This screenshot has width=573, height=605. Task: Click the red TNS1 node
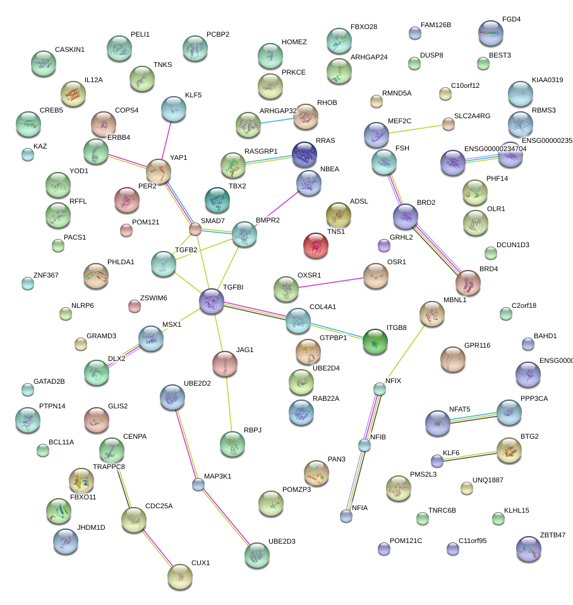coord(316,246)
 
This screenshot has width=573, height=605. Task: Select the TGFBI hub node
coord(211,302)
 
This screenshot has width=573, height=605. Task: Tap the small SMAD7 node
coord(196,229)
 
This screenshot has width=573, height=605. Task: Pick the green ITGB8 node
coord(375,341)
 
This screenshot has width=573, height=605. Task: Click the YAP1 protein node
coord(159,171)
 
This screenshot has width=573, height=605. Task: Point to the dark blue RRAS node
coord(305,154)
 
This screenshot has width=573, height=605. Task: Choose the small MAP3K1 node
coord(198,485)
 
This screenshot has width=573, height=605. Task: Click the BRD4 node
coord(468,282)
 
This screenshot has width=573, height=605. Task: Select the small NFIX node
coord(379,389)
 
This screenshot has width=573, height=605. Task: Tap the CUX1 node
coord(180,576)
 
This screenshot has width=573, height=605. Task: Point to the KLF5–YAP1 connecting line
coord(166,141)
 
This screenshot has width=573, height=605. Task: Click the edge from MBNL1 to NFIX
coord(406,350)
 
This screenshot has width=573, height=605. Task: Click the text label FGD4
coord(511,20)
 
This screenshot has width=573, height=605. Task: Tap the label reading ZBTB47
coord(553,535)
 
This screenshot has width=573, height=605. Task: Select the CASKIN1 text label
coord(69,49)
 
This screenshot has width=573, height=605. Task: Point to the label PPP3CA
coord(534,399)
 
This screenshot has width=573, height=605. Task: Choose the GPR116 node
coord(452,359)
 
